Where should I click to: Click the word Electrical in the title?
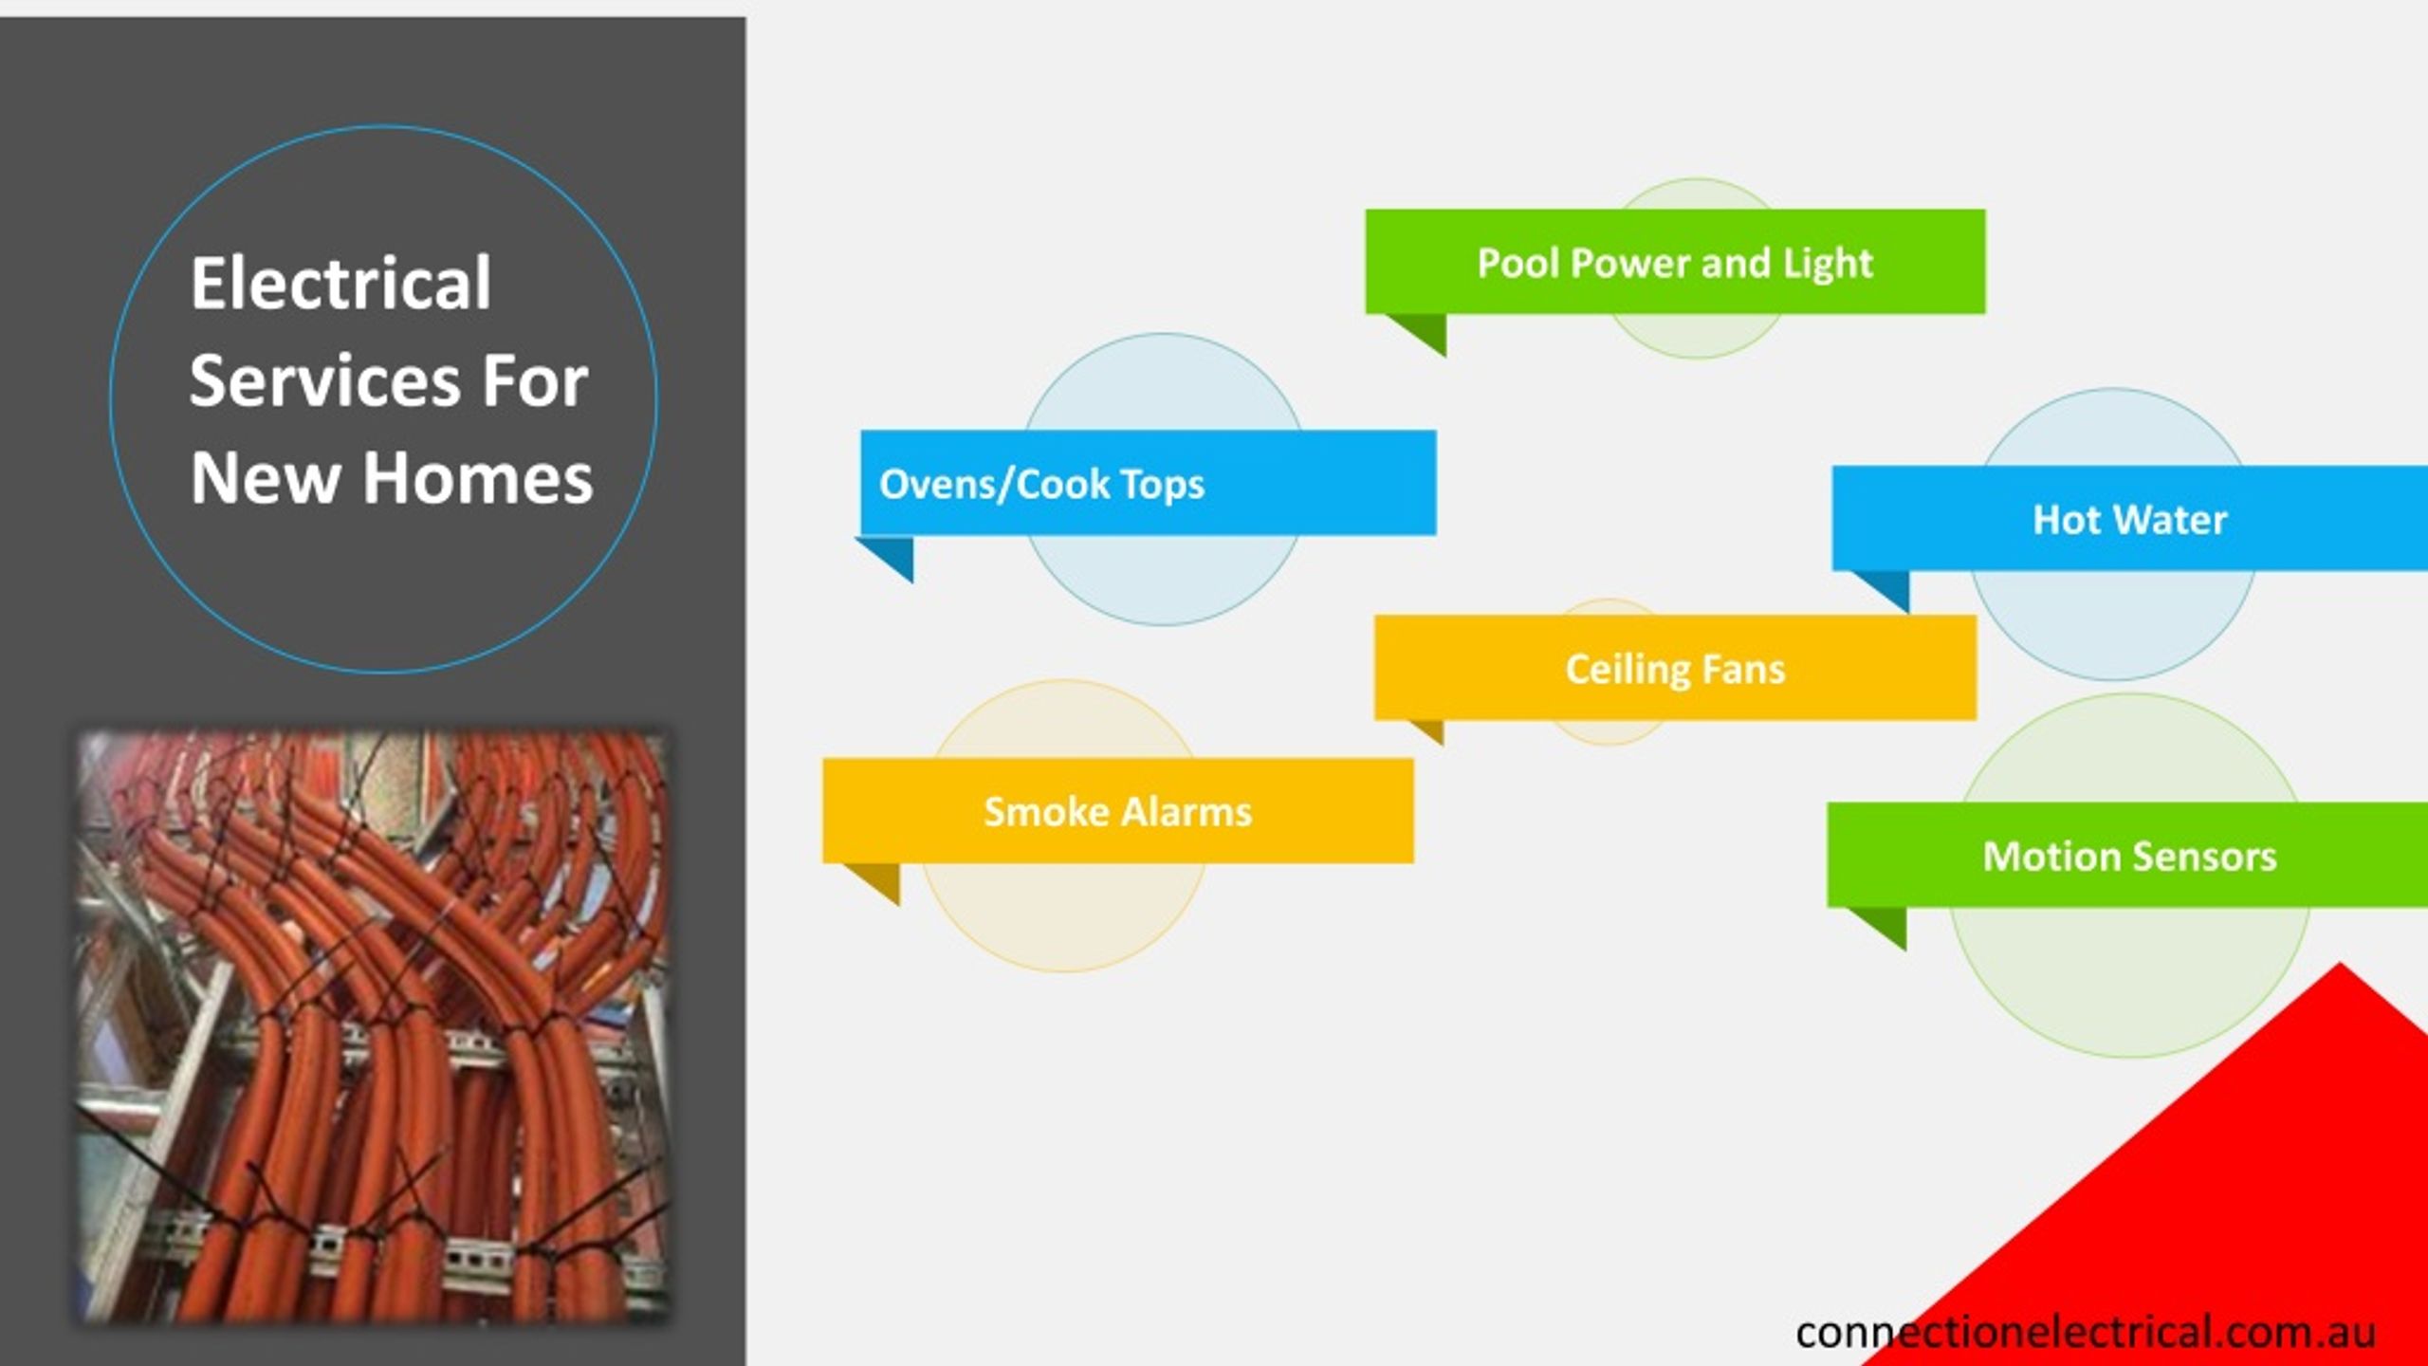coord(340,283)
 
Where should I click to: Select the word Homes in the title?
coord(478,477)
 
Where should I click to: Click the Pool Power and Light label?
coord(1675,263)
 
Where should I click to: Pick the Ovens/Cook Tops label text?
coord(1041,485)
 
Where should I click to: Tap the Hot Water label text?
coord(2129,520)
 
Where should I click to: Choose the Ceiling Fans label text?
coord(1675,670)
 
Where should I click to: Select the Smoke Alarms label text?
coord(1117,812)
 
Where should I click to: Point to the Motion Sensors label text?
coord(2129,857)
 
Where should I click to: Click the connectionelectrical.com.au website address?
coord(2086,1332)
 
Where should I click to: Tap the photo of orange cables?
coord(374,1026)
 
